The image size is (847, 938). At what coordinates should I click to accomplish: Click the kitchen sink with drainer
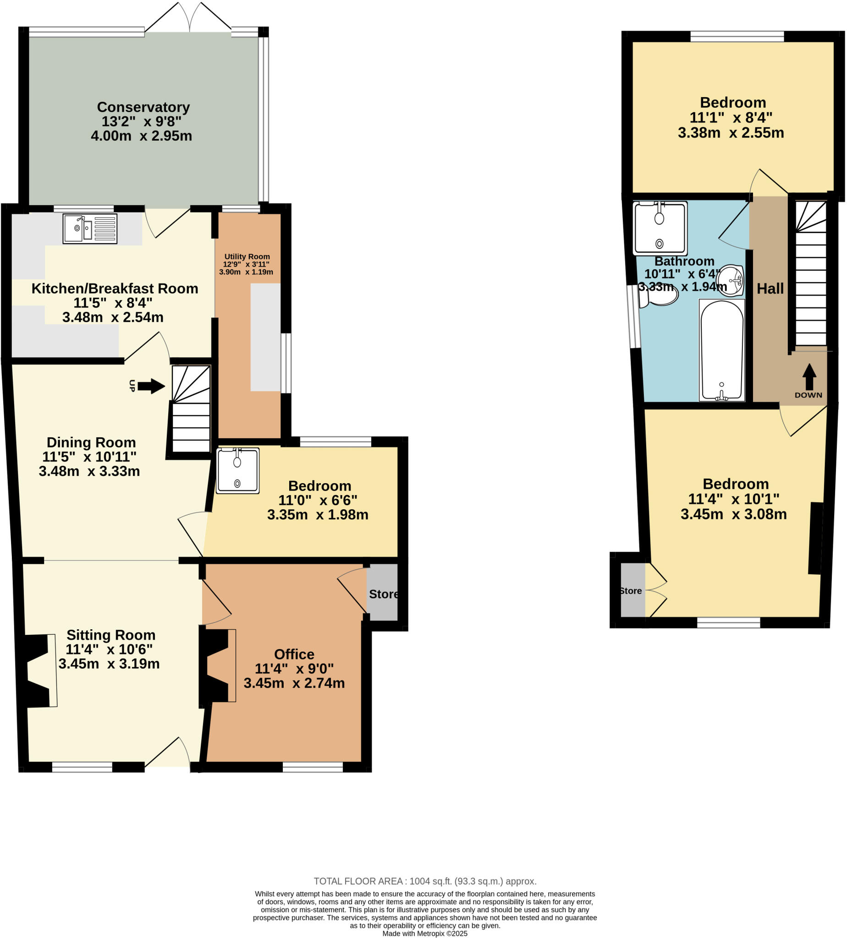[90, 229]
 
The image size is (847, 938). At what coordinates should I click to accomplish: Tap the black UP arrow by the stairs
[151, 386]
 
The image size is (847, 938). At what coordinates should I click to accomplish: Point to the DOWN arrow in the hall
[809, 376]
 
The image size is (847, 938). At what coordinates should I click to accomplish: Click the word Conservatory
[143, 107]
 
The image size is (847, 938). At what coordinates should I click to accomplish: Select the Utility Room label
[247, 256]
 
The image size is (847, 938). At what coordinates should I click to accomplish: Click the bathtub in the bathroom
[721, 350]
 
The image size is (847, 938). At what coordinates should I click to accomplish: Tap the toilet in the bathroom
[659, 296]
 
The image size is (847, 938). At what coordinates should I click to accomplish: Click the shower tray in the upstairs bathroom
[660, 228]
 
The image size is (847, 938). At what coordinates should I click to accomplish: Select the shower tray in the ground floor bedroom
[237, 471]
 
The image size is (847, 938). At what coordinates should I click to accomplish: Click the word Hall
[770, 289]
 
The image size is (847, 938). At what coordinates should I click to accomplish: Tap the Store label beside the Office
[383, 594]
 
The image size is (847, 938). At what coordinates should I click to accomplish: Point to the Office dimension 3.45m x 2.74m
[294, 683]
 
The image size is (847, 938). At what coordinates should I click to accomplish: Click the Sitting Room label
[111, 635]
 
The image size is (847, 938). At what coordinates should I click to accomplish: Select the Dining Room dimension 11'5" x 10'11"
[89, 457]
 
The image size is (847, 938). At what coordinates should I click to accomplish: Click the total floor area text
[425, 881]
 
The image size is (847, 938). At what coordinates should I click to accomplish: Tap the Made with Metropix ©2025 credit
[425, 933]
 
